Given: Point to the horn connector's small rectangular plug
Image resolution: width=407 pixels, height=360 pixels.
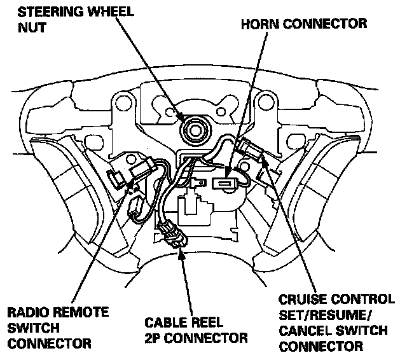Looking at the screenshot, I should click(224, 185).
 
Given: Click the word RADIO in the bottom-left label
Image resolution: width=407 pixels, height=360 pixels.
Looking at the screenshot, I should click(25, 313).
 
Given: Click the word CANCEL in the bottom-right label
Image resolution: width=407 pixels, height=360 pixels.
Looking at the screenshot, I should click(303, 331).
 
